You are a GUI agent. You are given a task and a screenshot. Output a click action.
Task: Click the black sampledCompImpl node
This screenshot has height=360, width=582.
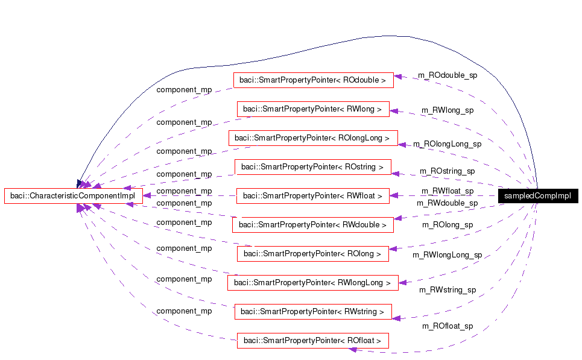[x=538, y=196]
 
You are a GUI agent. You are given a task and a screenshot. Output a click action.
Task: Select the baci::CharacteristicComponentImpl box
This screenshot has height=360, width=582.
[x=73, y=196]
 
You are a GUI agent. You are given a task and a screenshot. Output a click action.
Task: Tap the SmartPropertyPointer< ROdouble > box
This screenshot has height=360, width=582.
[x=313, y=80]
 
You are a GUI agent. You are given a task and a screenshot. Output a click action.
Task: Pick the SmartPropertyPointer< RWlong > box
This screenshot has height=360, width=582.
[x=312, y=109]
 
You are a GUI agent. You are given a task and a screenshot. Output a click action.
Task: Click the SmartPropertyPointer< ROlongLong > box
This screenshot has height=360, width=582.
[x=313, y=138]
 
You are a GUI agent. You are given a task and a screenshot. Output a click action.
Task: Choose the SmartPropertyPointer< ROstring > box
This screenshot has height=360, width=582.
[x=312, y=166]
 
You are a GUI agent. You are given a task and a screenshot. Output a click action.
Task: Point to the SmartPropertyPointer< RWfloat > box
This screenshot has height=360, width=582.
[x=312, y=196]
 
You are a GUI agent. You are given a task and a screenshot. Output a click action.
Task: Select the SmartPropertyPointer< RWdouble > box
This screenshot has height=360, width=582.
[x=312, y=225]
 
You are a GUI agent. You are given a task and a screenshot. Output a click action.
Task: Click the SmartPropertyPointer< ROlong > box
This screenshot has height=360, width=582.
[x=312, y=254]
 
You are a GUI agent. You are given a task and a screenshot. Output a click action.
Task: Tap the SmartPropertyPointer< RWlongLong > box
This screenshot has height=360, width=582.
[x=312, y=282]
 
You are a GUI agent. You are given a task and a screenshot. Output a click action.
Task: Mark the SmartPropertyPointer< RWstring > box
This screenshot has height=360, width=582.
[x=312, y=312]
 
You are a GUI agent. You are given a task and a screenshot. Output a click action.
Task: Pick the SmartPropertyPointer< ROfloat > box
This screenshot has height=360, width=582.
[x=312, y=341]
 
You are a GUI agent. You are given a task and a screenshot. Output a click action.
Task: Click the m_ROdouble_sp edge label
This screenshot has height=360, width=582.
[x=448, y=75]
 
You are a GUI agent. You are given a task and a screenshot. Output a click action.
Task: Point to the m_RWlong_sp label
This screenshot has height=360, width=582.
[x=447, y=110]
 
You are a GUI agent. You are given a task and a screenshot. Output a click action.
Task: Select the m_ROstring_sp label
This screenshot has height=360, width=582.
[x=447, y=171]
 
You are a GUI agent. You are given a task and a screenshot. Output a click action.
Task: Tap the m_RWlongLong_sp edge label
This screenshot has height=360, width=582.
[x=447, y=255]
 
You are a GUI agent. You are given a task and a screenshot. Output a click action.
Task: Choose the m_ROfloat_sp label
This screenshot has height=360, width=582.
[x=447, y=326]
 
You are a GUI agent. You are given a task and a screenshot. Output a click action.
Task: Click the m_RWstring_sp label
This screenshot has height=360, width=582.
[x=447, y=290]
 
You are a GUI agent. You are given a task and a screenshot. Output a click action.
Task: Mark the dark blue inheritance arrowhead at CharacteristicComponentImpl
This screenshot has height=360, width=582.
[x=80, y=183]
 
